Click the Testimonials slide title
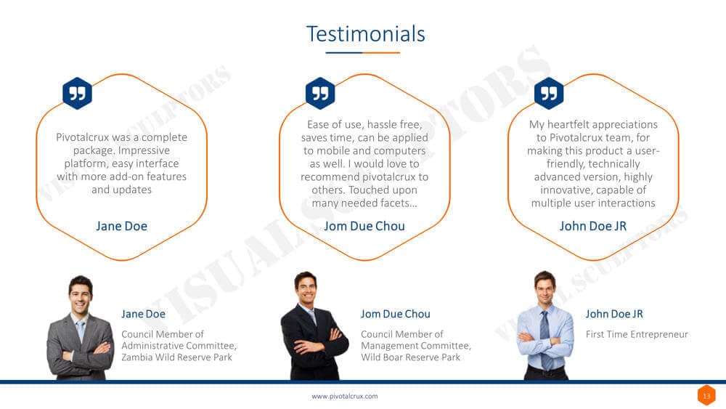click(x=366, y=34)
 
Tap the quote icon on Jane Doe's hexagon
click(x=78, y=93)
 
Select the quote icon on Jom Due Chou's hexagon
click(x=320, y=93)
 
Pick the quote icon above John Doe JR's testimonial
click(x=549, y=93)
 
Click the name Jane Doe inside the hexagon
click(x=121, y=226)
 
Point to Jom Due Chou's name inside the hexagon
click(x=364, y=226)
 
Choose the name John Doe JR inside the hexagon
click(x=593, y=226)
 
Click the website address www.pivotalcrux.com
click(x=344, y=397)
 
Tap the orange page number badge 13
click(x=706, y=396)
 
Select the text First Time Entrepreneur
click(x=637, y=334)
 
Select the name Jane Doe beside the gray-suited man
click(x=143, y=314)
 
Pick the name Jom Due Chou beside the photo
click(x=396, y=314)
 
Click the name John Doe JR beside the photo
click(x=614, y=314)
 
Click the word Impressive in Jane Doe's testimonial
click(x=144, y=150)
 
